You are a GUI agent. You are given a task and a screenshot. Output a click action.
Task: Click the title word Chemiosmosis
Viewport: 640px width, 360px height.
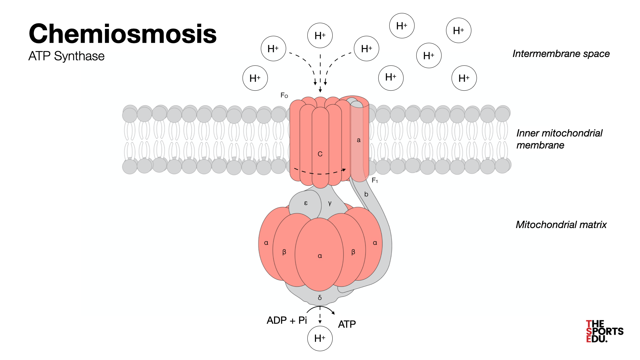(x=123, y=34)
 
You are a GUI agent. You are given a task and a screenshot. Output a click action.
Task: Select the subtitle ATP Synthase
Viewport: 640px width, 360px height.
(x=66, y=56)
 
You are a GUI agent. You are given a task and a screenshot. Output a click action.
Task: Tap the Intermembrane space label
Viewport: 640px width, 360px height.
(x=561, y=54)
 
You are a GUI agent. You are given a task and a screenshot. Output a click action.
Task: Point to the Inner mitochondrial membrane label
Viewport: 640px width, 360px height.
(x=559, y=139)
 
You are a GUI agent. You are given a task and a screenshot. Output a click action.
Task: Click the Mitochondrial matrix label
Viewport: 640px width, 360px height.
(x=561, y=225)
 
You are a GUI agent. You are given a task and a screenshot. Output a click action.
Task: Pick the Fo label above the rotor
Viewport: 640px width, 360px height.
(x=284, y=96)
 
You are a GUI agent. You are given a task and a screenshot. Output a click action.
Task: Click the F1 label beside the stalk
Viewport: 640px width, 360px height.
(x=375, y=180)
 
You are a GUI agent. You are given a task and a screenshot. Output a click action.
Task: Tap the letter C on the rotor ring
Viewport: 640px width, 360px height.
(x=320, y=154)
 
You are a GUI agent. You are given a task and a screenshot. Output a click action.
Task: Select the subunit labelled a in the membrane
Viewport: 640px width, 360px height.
(x=359, y=140)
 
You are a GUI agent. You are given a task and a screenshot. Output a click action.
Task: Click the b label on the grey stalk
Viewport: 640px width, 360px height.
(x=366, y=194)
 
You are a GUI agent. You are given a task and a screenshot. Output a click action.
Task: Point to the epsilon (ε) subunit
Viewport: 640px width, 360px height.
(x=306, y=203)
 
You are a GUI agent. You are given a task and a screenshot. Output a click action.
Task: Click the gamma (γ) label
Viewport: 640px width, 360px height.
(x=330, y=203)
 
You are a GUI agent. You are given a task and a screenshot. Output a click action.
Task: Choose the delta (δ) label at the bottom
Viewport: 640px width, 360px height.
(x=320, y=298)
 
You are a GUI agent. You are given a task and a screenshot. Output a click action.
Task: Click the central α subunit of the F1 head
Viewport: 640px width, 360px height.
(x=320, y=256)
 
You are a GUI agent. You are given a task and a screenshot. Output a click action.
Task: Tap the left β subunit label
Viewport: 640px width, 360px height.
(x=284, y=252)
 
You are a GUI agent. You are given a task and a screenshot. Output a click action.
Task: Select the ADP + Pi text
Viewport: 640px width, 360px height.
(x=287, y=320)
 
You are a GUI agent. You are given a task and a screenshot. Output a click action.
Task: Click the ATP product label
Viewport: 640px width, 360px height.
(x=347, y=324)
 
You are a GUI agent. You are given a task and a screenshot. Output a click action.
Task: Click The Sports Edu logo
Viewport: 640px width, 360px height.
(x=604, y=331)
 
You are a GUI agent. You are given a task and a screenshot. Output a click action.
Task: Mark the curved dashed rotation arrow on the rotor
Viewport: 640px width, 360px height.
(x=320, y=173)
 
